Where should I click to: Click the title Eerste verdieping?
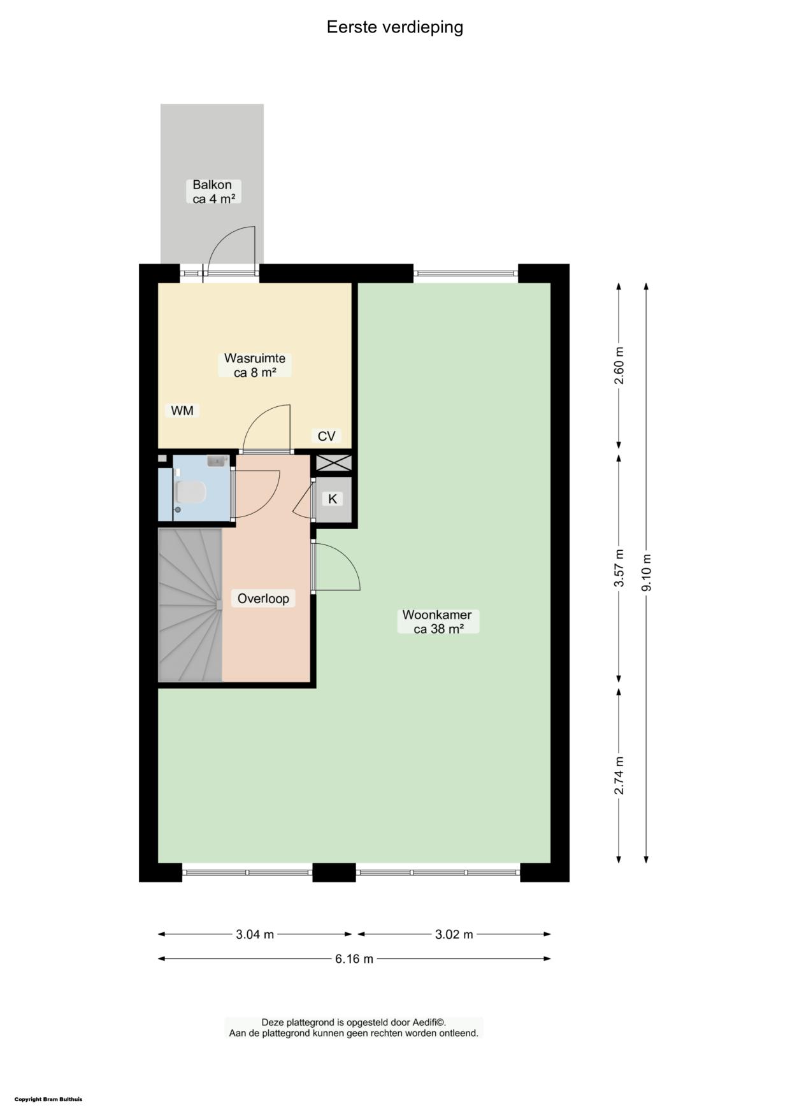tap(395, 27)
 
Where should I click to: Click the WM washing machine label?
tap(182, 411)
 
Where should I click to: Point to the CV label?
tap(326, 436)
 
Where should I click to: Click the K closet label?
tap(333, 499)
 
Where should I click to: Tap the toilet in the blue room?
tap(190, 492)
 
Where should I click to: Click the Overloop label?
tap(263, 599)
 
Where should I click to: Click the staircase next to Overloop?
tap(190, 604)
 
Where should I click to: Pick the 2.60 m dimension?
tap(619, 366)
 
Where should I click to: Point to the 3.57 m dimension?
tap(619, 568)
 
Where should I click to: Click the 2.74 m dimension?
tap(619, 775)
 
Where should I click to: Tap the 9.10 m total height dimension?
tap(647, 573)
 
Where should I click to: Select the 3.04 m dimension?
tap(255, 934)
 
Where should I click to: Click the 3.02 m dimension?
tap(454, 934)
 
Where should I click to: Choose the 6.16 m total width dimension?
tap(354, 958)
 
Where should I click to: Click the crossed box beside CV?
tap(334, 463)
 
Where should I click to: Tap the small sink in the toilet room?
tap(217, 460)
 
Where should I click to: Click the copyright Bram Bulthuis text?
tap(48, 1099)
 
